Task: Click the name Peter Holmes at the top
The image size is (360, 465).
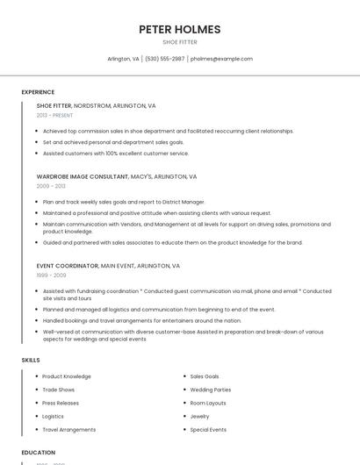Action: (180, 29)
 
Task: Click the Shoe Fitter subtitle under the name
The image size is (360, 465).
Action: (180, 42)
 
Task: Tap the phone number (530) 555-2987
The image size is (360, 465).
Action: (165, 59)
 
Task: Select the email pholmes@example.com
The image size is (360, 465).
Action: (221, 59)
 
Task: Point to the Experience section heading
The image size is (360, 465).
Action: (38, 92)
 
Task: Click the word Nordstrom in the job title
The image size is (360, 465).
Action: (93, 105)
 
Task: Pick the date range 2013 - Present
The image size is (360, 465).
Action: (54, 115)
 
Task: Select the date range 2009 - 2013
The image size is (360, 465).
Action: (51, 186)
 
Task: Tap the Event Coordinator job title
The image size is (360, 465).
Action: (68, 265)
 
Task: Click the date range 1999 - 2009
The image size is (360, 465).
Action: (51, 275)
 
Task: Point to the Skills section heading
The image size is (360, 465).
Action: (31, 360)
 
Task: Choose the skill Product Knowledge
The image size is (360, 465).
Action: (67, 376)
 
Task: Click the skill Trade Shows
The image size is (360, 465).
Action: (58, 390)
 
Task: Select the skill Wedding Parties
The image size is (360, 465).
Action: (211, 390)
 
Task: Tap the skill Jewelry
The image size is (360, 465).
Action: (200, 416)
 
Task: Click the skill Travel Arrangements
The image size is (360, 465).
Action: (69, 430)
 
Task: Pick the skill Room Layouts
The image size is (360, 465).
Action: (208, 403)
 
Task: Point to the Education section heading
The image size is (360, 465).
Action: (38, 453)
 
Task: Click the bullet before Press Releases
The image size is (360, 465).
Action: (37, 403)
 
